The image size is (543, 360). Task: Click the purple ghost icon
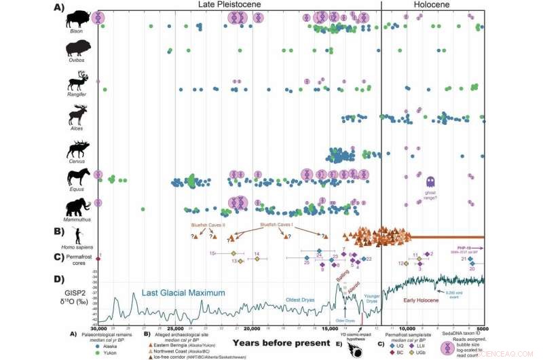pyautogui.click(x=430, y=181)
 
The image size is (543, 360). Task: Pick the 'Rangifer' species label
pyautogui.click(x=77, y=95)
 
